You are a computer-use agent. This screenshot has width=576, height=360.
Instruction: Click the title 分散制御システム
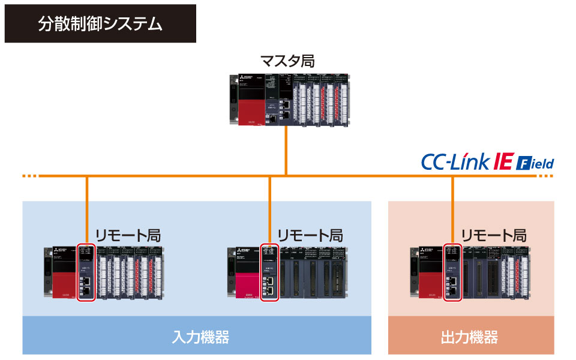click(x=100, y=24)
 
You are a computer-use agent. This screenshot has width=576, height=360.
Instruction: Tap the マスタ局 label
click(x=287, y=61)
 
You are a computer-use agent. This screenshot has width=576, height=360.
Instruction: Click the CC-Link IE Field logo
click(x=487, y=162)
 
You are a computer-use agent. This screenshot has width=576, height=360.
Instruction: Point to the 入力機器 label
click(x=197, y=337)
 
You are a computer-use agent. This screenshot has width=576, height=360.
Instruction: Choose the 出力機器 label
click(x=470, y=337)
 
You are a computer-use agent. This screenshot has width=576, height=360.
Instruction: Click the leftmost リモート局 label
click(x=128, y=235)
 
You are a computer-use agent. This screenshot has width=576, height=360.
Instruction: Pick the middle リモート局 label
click(x=310, y=235)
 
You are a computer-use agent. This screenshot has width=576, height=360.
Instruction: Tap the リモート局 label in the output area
click(x=494, y=235)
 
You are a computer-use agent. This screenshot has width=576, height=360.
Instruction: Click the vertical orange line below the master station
click(x=287, y=150)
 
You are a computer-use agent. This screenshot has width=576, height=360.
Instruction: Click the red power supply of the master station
click(x=248, y=110)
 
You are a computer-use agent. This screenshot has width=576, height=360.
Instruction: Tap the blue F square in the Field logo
click(x=522, y=163)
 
